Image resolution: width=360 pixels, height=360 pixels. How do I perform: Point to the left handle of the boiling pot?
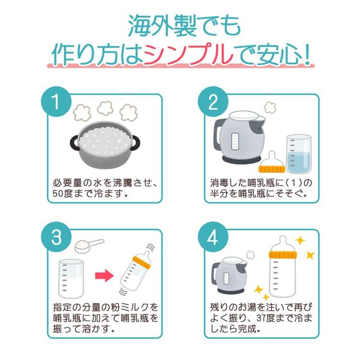[74, 143]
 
